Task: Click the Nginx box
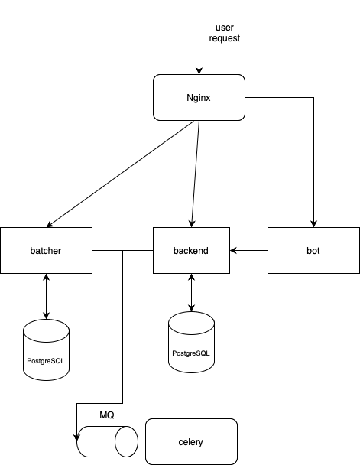point(199,98)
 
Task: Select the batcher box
point(46,250)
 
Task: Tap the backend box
point(191,250)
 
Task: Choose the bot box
point(314,250)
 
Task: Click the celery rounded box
point(191,441)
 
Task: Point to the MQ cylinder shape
point(107,441)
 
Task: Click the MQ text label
point(107,415)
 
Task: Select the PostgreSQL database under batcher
point(46,350)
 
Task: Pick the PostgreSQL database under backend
point(191,342)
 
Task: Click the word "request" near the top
point(225,38)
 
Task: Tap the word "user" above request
point(225,28)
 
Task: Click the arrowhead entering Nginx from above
point(199,71)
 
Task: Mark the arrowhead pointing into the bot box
point(314,224)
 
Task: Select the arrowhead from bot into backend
point(233,250)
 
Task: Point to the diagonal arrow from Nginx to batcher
point(120,174)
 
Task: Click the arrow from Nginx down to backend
point(195,174)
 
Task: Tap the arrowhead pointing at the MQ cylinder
point(76,437)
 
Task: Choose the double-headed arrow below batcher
point(46,296)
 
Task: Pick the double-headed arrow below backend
point(191,292)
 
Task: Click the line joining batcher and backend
point(122,250)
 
